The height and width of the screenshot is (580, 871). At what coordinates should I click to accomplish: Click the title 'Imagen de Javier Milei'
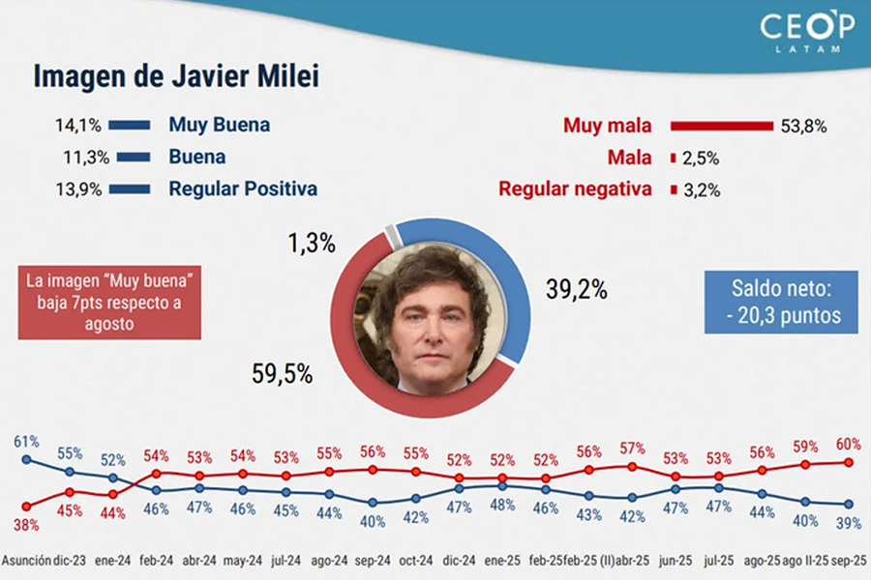pyautogui.click(x=176, y=76)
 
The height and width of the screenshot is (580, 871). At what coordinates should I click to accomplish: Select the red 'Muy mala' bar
pyautogui.click(x=721, y=126)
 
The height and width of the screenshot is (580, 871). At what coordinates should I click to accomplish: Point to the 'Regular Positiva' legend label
pyautogui.click(x=243, y=188)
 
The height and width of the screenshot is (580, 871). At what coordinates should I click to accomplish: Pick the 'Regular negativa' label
pyautogui.click(x=575, y=189)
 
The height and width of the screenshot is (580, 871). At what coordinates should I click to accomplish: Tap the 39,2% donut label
pyautogui.click(x=576, y=288)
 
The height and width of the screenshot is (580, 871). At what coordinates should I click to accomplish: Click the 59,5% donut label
pyautogui.click(x=282, y=375)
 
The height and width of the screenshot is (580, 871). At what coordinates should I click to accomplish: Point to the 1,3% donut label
pyautogui.click(x=313, y=245)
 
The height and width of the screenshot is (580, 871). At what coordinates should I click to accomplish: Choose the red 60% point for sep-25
pyautogui.click(x=849, y=462)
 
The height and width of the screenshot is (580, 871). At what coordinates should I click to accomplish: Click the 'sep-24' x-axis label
pyautogui.click(x=373, y=561)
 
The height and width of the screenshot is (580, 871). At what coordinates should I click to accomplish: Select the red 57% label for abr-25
pyautogui.click(x=632, y=448)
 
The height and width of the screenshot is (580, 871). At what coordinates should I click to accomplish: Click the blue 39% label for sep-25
pyautogui.click(x=848, y=523)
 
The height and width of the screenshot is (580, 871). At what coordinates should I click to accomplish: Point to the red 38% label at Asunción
pyautogui.click(x=26, y=525)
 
